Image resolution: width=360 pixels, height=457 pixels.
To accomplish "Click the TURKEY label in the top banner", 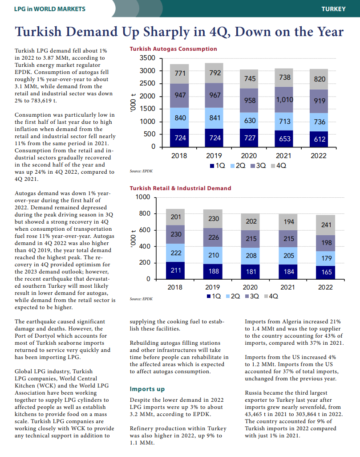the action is coord(333,9).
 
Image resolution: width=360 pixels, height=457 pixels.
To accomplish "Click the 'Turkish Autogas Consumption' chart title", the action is coord(173,49).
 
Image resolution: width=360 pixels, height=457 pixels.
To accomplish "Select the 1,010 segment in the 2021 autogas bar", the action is coord(284,100).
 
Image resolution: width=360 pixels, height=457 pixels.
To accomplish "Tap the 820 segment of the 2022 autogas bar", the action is coord(320,79).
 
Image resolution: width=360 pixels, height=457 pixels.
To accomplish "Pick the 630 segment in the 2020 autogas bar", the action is coord(250,121).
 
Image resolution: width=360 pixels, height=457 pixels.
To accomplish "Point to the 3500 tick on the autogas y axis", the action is coord(147,58).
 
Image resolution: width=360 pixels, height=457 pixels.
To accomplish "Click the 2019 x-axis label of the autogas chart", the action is coord(214,156).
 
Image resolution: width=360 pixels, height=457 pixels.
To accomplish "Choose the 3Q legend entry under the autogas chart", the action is coord(259,166).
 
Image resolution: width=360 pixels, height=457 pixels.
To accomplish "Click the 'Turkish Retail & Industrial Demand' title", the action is coord(180,188).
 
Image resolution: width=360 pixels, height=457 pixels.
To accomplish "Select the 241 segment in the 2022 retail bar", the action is coord(326,225).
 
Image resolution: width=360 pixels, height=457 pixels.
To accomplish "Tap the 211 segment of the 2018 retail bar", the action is coord(175,270).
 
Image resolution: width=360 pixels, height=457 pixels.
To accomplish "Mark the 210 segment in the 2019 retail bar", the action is coord(214,255).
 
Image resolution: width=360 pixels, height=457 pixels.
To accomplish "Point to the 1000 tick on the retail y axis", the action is coord(143,197).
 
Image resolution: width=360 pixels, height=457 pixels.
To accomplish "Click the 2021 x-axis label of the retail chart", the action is coord(288,287).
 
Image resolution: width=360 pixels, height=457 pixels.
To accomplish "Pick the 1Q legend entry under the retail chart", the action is coord(214,296).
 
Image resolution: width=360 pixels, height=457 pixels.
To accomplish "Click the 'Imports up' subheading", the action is coord(147,389).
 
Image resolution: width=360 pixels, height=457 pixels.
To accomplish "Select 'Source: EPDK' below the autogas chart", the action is coord(141,171).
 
